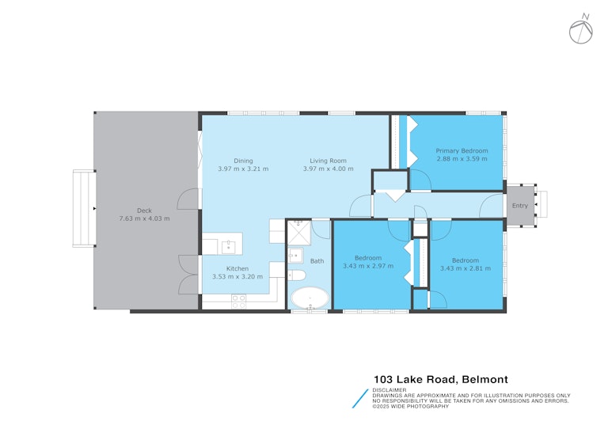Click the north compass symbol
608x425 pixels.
pyautogui.click(x=581, y=31)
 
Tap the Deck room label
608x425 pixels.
pyautogui.click(x=144, y=211)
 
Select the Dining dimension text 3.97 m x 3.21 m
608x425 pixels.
pyautogui.click(x=243, y=169)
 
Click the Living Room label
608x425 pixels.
pyautogui.click(x=328, y=161)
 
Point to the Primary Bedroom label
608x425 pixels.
pyautogui.click(x=462, y=150)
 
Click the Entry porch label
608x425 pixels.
pyautogui.click(x=520, y=206)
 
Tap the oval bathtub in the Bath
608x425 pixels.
pyautogui.click(x=310, y=298)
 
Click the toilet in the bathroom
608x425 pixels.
pyautogui.click(x=297, y=275)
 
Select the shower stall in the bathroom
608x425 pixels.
pyautogui.click(x=299, y=233)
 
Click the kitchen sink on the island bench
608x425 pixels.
pyautogui.click(x=228, y=247)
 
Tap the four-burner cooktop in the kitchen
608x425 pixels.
pyautogui.click(x=238, y=302)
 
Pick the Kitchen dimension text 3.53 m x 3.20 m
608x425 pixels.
pyautogui.click(x=237, y=276)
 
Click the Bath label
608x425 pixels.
pyautogui.click(x=317, y=261)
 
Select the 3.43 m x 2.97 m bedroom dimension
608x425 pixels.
pyautogui.click(x=368, y=266)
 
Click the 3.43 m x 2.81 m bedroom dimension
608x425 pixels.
pyautogui.click(x=465, y=268)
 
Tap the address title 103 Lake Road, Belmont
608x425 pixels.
pyautogui.click(x=440, y=379)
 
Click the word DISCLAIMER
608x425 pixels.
pyautogui.click(x=389, y=390)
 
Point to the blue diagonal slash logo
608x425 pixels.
pyautogui.click(x=360, y=399)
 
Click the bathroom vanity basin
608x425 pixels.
pyautogui.click(x=295, y=255)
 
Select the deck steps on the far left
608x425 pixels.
pyautogui.click(x=84, y=208)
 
